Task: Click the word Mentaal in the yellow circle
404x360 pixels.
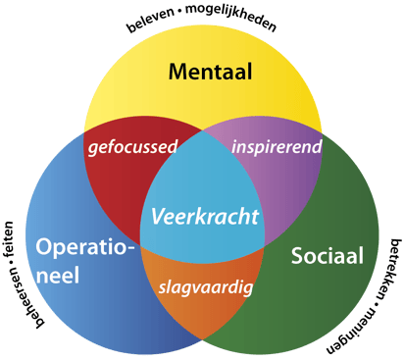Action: click(x=211, y=72)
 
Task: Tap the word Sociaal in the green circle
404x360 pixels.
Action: click(x=328, y=255)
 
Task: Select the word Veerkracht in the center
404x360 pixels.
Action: click(x=205, y=217)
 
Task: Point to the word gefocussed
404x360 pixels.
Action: click(x=132, y=147)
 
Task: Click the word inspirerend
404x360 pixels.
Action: click(x=277, y=147)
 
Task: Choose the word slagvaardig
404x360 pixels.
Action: click(x=206, y=287)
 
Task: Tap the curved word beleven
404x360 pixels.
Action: click(x=151, y=20)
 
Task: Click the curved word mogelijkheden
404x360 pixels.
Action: click(x=231, y=17)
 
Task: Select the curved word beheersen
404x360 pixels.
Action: click(x=25, y=297)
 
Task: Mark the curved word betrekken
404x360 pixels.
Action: click(x=389, y=269)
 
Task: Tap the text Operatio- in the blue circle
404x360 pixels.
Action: click(x=85, y=248)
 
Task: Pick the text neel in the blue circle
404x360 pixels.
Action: click(x=58, y=275)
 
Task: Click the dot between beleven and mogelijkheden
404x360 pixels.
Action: click(x=180, y=11)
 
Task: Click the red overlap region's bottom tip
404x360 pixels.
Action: click(x=140, y=245)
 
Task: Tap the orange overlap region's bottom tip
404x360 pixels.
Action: click(x=202, y=339)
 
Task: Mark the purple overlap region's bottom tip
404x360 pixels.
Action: click(x=264, y=246)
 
